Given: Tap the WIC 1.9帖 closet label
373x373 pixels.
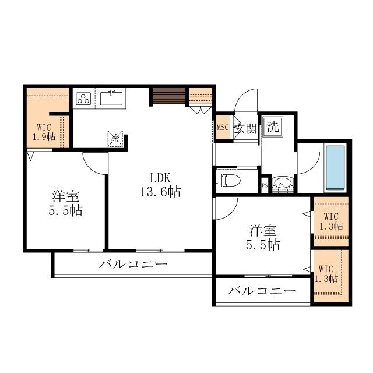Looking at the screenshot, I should (x=44, y=132).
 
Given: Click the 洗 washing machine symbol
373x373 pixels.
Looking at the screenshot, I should (x=272, y=126).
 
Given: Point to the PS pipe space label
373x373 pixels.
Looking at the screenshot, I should (x=265, y=186).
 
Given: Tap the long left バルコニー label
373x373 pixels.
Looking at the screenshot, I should (x=133, y=264).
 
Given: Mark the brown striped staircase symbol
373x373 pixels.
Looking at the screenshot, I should (x=168, y=96).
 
